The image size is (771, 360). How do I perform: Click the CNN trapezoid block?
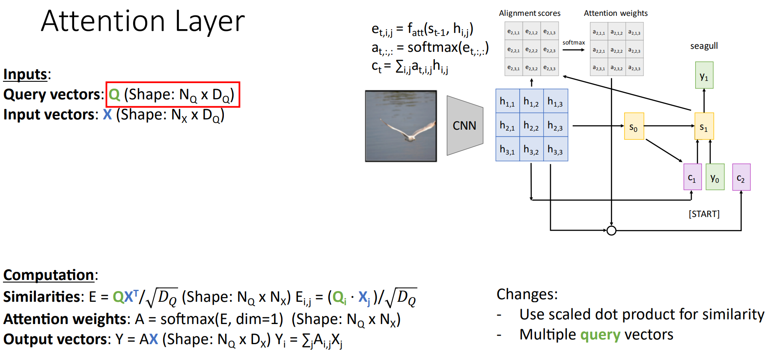pyautogui.click(x=464, y=125)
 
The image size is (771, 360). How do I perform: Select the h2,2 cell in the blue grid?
pyautogui.click(x=531, y=125)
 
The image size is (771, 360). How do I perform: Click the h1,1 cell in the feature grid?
pyautogui.click(x=507, y=102)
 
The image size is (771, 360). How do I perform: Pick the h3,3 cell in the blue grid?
pyautogui.click(x=555, y=149)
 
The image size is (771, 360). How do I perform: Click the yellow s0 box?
pyautogui.click(x=634, y=126)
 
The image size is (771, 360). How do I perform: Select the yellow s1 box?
pyautogui.click(x=704, y=126)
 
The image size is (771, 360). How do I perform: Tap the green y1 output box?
pyautogui.click(x=704, y=76)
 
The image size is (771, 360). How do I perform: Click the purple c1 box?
pyautogui.click(x=692, y=177)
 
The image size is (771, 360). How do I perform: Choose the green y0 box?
pyautogui.click(x=715, y=177)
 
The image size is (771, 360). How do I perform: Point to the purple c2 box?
pyautogui.click(x=741, y=177)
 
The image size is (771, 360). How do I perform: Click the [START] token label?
pyautogui.click(x=704, y=214)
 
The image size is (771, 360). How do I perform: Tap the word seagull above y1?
pyautogui.click(x=704, y=46)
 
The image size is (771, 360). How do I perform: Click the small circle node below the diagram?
pyautogui.click(x=611, y=231)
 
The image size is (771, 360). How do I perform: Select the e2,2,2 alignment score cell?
pyautogui.click(x=531, y=50)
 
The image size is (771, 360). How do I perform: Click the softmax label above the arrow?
pyautogui.click(x=573, y=42)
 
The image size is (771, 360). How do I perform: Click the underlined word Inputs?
pyautogui.click(x=25, y=74)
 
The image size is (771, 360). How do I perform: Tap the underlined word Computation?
pyautogui.click(x=48, y=275)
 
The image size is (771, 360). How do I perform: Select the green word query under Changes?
pyautogui.click(x=600, y=334)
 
